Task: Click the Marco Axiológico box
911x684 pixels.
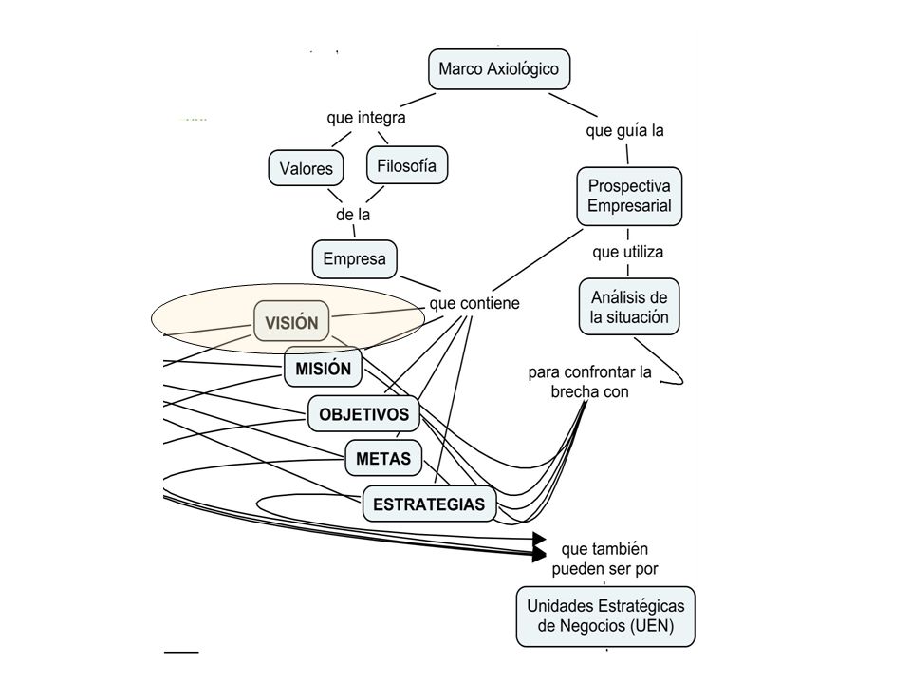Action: pos(499,69)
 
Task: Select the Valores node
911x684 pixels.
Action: pos(307,168)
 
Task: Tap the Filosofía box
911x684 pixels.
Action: pos(407,165)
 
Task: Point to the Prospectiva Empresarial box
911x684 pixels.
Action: pos(629,197)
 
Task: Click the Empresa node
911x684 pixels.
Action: pos(354,258)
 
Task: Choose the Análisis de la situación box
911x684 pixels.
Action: pos(629,307)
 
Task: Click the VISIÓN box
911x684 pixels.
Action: pos(291,322)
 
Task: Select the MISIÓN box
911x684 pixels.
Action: pos(323,368)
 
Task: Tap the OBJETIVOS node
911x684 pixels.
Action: pos(363,414)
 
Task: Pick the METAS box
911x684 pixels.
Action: pos(383,458)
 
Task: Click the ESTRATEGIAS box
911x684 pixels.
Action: pos(429,503)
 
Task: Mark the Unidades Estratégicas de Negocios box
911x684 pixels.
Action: pos(605,617)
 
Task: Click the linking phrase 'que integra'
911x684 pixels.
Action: pos(366,118)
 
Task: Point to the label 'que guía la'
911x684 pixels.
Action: pos(624,130)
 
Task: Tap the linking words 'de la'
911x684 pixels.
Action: pos(353,214)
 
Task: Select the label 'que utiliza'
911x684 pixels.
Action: pos(627,252)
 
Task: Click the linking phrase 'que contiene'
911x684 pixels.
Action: pos(474,303)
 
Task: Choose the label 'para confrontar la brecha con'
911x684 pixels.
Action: pos(589,382)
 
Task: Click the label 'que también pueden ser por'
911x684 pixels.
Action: pos(604,559)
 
